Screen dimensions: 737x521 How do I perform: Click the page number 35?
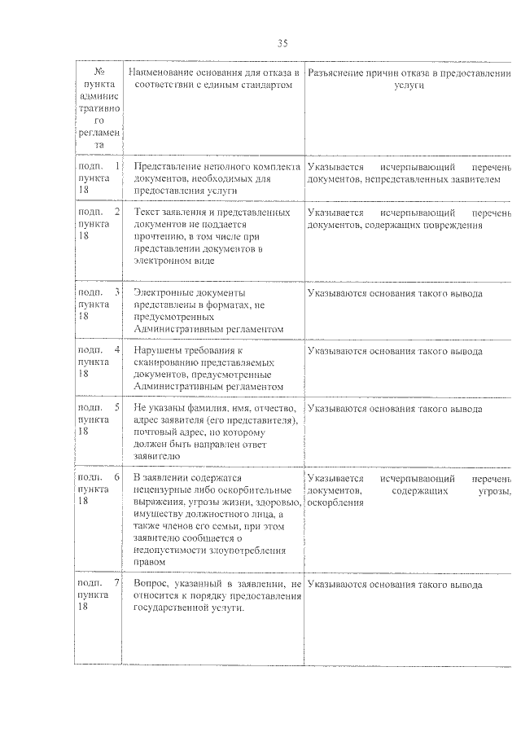click(x=282, y=43)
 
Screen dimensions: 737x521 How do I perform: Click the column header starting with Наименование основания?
click(x=212, y=79)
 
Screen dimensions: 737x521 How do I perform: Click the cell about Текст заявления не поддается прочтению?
click(x=212, y=236)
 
